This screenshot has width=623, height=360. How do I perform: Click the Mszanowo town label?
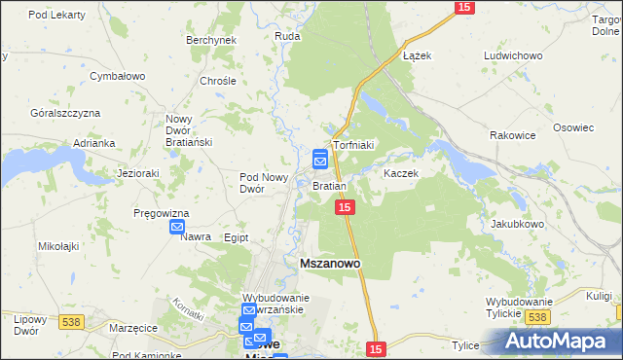(x=328, y=263)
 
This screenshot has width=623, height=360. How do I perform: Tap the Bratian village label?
(x=329, y=185)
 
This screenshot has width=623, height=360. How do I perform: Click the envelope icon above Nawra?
(x=177, y=228)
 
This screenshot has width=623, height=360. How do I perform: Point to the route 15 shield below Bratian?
(x=344, y=208)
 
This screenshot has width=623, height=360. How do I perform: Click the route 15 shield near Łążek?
(x=464, y=8)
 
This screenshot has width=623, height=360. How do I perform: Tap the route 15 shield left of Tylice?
(x=378, y=347)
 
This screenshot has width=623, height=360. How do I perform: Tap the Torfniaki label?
(x=354, y=145)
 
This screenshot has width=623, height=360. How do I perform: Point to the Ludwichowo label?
(x=512, y=55)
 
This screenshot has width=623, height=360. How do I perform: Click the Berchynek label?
(x=211, y=40)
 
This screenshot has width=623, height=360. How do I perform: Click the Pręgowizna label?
(x=162, y=213)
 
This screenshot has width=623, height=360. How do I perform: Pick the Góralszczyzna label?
(x=65, y=113)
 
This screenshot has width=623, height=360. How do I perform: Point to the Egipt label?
(x=237, y=237)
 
